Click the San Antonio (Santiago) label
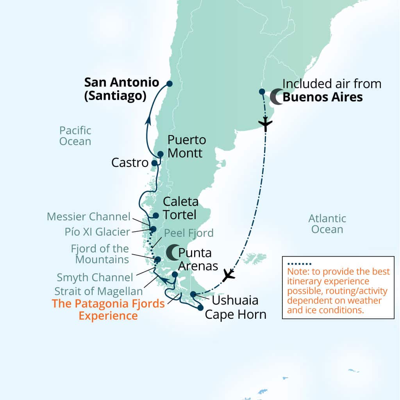(121, 89)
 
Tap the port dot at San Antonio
(169, 83)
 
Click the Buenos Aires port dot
(262, 92)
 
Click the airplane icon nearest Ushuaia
(228, 275)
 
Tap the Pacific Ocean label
(75, 136)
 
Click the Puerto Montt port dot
(160, 154)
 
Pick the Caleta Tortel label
(180, 208)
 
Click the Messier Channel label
(88, 216)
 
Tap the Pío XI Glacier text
(97, 232)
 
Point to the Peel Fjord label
(189, 233)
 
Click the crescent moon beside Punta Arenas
(171, 252)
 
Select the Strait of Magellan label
(98, 291)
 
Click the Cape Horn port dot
(200, 308)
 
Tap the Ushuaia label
(235, 300)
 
